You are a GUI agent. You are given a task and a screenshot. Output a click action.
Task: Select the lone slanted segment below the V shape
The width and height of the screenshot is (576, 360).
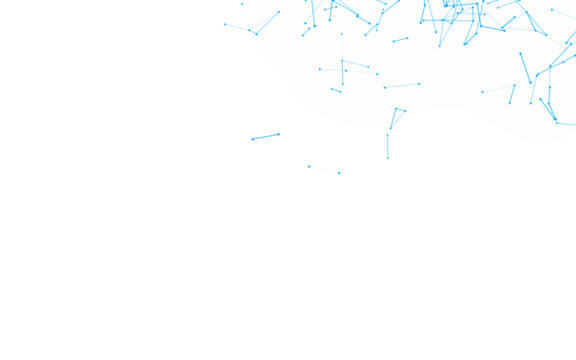coord(265,136)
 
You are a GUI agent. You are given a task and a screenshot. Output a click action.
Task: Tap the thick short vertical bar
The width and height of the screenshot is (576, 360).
coord(387,146)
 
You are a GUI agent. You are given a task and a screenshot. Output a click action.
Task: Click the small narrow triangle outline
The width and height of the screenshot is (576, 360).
coord(396,118)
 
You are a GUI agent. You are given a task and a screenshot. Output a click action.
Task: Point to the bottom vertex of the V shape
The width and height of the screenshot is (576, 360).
coord(255,33)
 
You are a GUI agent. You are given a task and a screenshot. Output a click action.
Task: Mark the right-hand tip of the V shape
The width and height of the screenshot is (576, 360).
coord(279,12)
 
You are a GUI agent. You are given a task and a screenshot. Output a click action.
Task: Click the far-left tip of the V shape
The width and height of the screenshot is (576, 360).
coord(224,23)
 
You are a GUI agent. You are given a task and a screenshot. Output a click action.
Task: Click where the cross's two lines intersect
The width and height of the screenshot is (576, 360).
coord(342,69)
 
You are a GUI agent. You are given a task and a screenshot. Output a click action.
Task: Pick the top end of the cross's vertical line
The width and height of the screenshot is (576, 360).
coord(341,34)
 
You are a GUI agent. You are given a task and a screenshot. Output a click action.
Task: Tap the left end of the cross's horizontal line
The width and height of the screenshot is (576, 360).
coord(319,69)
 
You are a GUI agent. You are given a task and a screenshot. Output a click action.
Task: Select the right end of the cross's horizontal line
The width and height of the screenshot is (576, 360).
coord(379,74)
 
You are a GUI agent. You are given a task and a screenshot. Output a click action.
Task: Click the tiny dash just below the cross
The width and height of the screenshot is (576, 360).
coord(336,90)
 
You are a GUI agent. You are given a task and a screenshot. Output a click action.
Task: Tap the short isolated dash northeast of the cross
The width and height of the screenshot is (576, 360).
coord(400,40)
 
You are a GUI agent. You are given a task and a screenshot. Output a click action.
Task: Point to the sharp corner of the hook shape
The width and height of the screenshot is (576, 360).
coord(515,86)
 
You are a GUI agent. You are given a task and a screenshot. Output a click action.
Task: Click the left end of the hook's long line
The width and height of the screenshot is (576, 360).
coord(481,92)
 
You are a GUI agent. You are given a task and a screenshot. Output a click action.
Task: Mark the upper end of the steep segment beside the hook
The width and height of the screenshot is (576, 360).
coord(520,54)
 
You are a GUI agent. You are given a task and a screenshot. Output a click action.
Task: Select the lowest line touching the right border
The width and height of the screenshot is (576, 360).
coord(565,124)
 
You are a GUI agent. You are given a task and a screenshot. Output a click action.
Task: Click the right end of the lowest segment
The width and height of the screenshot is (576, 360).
coord(341,173)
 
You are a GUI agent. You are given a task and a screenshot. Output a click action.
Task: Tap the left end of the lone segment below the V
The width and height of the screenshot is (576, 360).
coord(250,139)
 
